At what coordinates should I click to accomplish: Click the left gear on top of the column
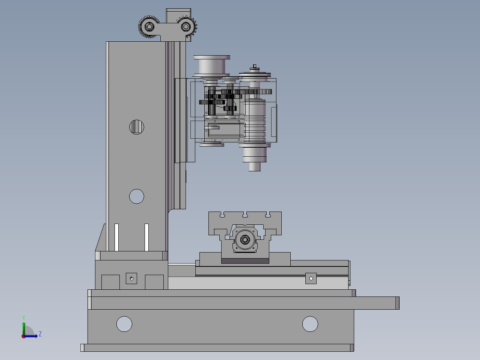(x=149, y=27)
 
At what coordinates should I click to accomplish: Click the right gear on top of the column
(x=186, y=27)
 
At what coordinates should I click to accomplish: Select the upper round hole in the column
(x=137, y=127)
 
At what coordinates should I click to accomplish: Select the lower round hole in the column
(x=137, y=197)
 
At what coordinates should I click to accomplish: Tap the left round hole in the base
(x=124, y=324)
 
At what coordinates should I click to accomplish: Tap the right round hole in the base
(x=310, y=324)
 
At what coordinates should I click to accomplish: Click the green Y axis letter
(x=24, y=318)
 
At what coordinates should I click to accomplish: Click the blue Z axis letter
(x=40, y=334)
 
